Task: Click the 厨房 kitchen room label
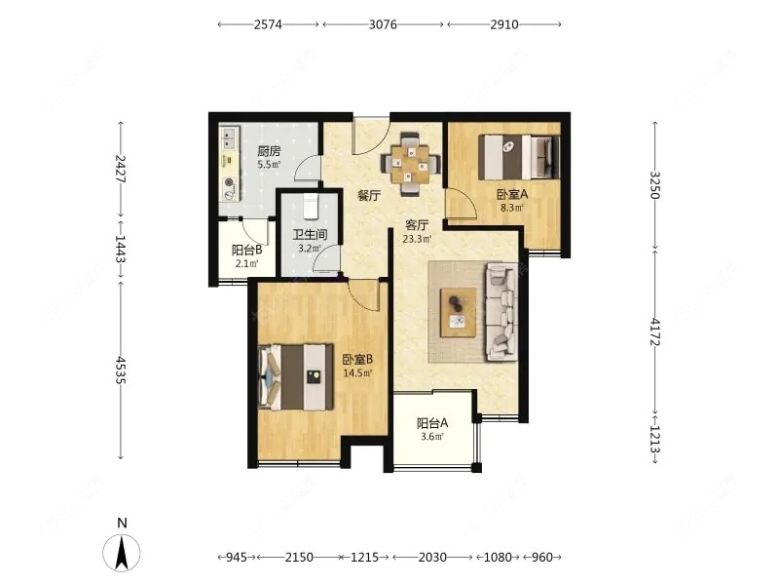coord(269,151)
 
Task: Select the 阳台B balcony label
coord(246,250)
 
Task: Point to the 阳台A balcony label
coord(431,423)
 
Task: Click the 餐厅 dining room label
coord(367,195)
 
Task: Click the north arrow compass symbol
coord(123,553)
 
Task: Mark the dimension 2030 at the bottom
coord(432,558)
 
